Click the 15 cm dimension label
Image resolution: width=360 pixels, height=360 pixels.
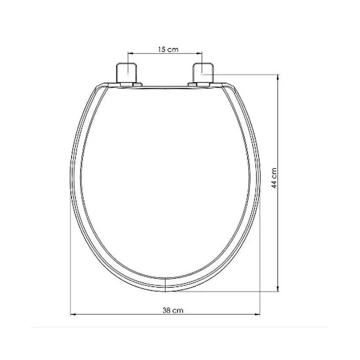[x=168, y=49]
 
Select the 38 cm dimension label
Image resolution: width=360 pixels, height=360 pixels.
[x=172, y=310]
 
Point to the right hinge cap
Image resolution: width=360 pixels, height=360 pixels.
[x=204, y=72]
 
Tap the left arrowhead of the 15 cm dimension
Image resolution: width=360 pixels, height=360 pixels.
[x=130, y=54]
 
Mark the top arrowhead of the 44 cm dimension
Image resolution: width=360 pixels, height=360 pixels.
[x=278, y=77]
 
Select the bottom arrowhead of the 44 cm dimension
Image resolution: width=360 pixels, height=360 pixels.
[x=278, y=290]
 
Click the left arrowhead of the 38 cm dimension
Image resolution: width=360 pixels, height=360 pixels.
[x=72, y=315]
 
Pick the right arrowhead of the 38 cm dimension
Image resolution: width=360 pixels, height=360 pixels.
[x=258, y=315]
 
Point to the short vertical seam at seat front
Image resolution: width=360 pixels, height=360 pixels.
[x=164, y=284]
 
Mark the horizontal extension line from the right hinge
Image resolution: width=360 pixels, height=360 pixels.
[x=246, y=75]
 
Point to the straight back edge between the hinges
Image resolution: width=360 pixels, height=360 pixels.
[x=165, y=87]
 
